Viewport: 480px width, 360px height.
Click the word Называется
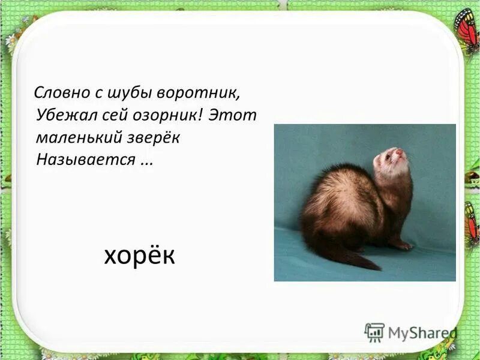tap(85, 160)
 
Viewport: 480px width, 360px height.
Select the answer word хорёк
tap(139, 256)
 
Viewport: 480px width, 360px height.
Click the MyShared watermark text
tap(422, 332)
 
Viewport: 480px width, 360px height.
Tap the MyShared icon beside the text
tap(374, 332)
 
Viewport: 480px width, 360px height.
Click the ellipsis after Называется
tap(146, 161)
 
